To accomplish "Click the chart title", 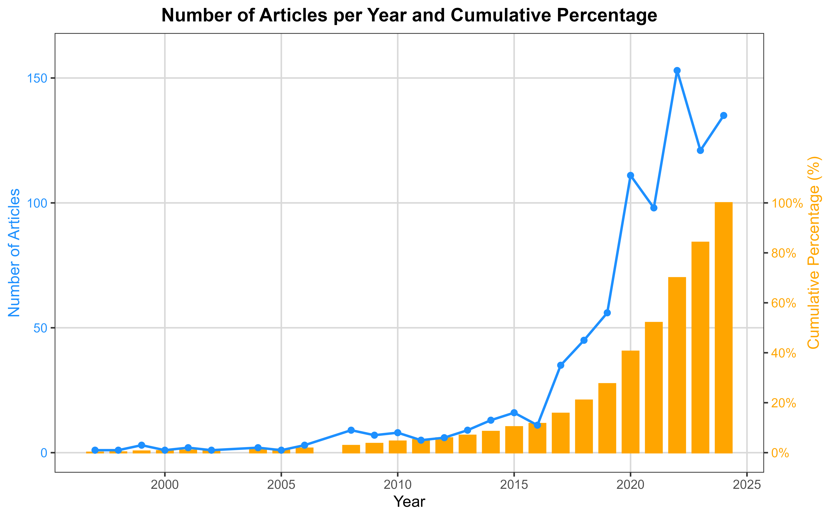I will [x=409, y=15].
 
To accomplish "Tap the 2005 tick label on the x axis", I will [x=281, y=485].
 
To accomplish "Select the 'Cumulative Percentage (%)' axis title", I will [x=814, y=253].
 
